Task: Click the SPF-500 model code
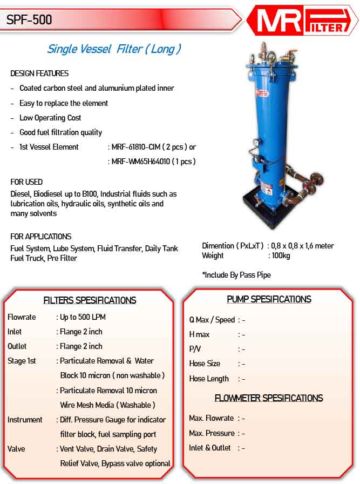(29, 20)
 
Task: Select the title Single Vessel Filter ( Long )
(114, 49)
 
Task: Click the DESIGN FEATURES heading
(39, 73)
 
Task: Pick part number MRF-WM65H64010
(140, 162)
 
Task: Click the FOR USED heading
(26, 182)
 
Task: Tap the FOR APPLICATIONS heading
(41, 237)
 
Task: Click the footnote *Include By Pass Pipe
(236, 275)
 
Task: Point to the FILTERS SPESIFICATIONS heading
(90, 300)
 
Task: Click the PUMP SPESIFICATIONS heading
(269, 299)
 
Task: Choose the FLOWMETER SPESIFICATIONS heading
(269, 398)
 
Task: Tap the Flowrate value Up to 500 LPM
(83, 317)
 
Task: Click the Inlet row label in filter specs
(15, 332)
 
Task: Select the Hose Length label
(209, 379)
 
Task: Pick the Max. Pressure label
(212, 433)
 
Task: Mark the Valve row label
(16, 449)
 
